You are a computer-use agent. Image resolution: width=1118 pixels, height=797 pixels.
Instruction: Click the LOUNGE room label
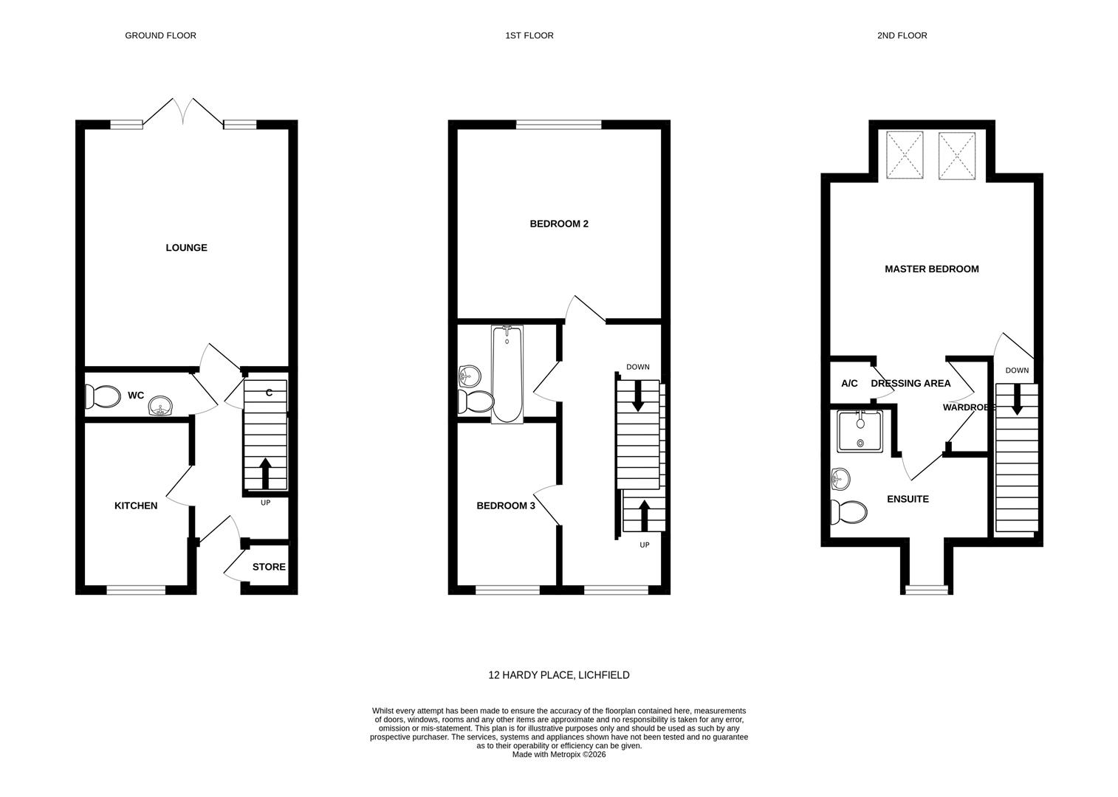186,248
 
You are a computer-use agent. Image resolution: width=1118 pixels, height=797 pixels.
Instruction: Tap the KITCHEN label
136,506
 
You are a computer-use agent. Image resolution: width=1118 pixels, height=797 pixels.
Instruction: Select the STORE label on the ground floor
269,567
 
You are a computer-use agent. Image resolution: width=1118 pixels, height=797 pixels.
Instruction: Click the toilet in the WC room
103,397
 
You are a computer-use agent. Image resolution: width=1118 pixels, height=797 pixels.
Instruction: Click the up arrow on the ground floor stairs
266,473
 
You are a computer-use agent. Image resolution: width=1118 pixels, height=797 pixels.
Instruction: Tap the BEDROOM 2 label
559,224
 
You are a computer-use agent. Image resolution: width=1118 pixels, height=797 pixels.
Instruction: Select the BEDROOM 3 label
506,506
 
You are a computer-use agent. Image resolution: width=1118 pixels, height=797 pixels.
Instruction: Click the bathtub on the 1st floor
507,375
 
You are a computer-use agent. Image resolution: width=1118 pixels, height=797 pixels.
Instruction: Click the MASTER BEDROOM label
932,269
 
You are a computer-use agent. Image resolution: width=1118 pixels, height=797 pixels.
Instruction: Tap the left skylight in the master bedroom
905,155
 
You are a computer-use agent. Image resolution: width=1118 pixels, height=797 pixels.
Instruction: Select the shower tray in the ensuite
860,432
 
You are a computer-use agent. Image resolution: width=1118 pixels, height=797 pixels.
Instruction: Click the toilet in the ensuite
848,512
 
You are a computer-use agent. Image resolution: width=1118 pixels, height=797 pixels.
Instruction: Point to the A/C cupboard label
849,384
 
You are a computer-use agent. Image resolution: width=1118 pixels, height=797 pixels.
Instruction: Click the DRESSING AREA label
911,384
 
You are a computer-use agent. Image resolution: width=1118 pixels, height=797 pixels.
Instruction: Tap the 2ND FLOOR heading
902,35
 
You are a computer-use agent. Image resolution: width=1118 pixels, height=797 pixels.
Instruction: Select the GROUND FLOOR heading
161,35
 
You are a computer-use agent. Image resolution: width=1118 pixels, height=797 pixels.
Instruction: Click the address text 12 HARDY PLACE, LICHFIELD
559,675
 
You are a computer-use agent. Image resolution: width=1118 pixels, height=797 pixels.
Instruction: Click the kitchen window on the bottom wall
136,590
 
